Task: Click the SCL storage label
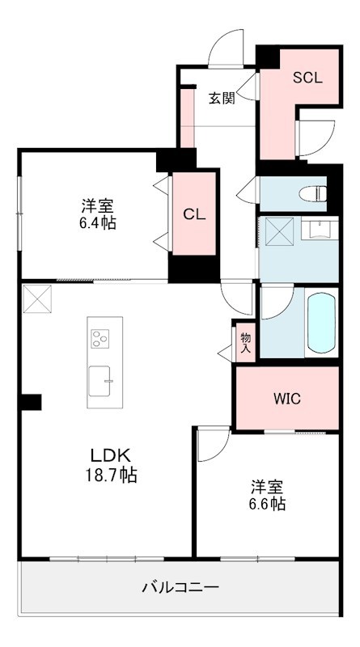[307, 78]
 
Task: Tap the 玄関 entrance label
[222, 99]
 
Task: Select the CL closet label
[193, 214]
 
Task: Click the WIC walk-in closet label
[286, 398]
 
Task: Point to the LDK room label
[105, 454]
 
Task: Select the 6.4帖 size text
[97, 222]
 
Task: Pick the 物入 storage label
[246, 342]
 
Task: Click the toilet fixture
[311, 193]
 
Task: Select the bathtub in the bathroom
[320, 322]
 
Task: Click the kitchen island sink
[102, 381]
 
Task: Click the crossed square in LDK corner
[36, 298]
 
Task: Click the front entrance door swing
[227, 48]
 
